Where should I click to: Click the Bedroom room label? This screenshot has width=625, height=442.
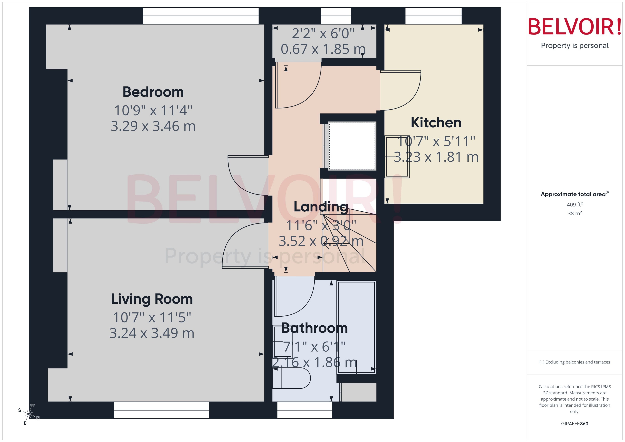153,92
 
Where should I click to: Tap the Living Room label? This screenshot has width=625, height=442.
152,299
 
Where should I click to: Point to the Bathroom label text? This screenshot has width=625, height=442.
314,328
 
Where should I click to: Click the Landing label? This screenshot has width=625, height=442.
321,207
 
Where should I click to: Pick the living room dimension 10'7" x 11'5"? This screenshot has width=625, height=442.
152,317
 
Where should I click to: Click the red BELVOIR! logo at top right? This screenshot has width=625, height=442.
575,27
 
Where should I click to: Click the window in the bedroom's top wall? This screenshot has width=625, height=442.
201,16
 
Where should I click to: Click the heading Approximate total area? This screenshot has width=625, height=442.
573,194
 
